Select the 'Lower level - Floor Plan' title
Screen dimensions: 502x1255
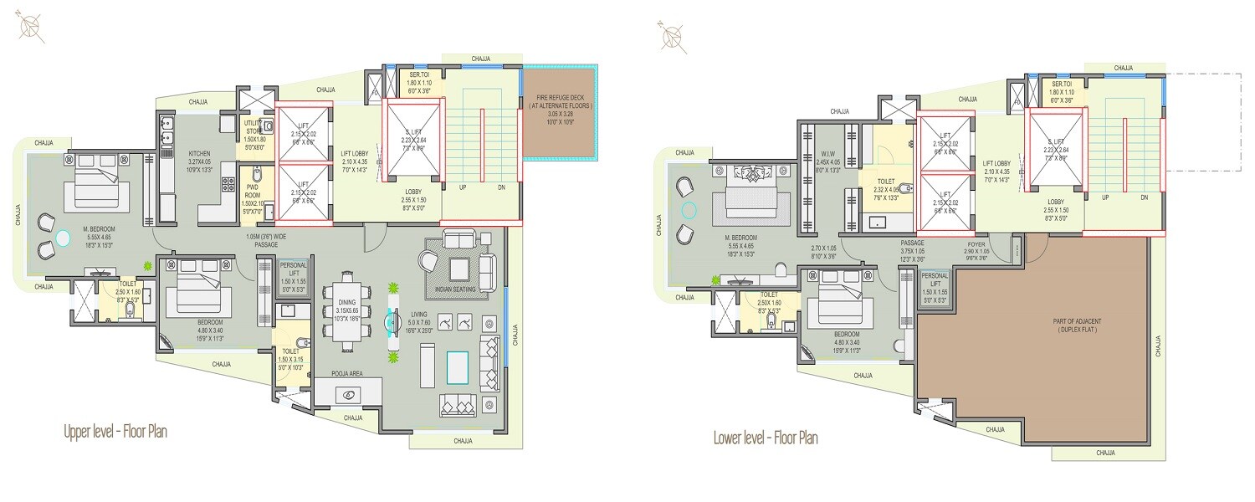click(x=765, y=437)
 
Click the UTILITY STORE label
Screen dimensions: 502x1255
click(x=253, y=131)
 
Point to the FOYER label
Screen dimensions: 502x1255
click(x=976, y=246)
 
